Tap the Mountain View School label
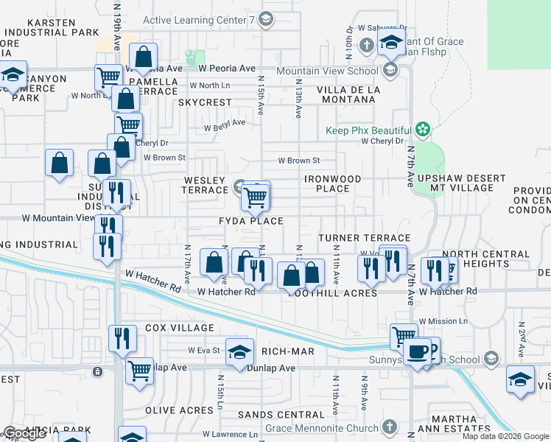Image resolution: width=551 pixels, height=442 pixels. point(327,71)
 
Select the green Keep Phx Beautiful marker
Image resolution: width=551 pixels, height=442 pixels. point(422,130)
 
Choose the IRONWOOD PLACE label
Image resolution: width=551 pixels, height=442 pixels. point(333,183)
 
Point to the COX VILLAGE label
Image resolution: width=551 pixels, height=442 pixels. point(180,328)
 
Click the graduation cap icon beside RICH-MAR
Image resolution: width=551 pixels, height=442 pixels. point(239,353)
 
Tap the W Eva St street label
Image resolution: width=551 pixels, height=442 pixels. point(204,350)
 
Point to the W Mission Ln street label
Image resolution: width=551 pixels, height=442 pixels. point(443,322)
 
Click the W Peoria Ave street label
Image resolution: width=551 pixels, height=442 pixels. point(227,68)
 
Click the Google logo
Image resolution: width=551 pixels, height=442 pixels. point(24,433)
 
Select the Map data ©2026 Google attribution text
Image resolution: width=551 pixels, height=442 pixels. point(505,436)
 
